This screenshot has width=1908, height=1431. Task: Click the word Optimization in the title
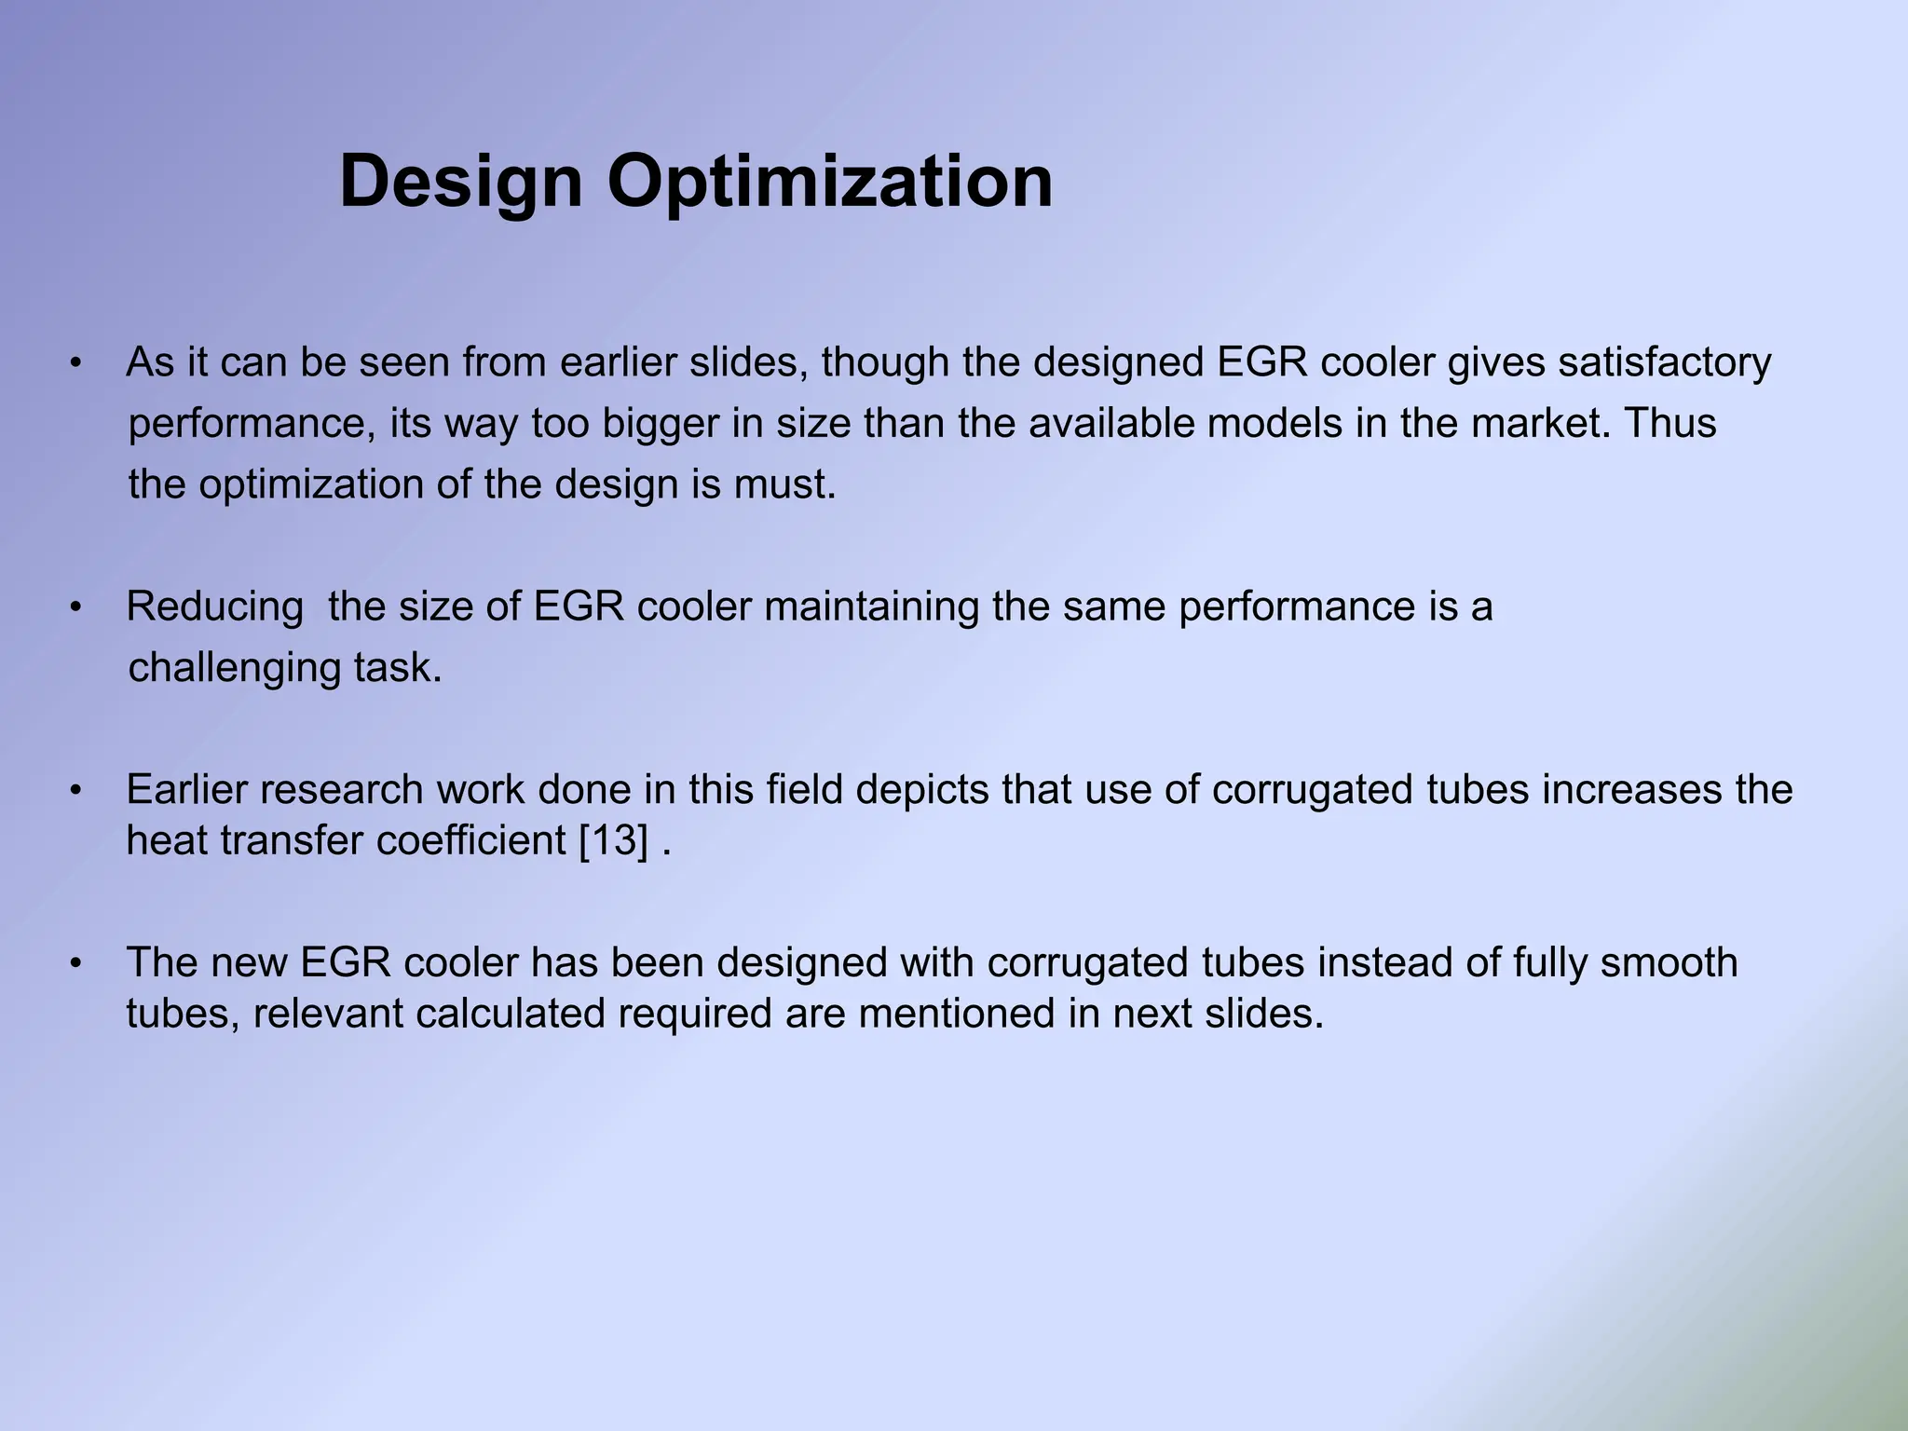tap(830, 182)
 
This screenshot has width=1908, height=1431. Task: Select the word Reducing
tap(214, 607)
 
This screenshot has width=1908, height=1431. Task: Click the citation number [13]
tap(613, 841)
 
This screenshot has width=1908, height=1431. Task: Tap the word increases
tap(1630, 790)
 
